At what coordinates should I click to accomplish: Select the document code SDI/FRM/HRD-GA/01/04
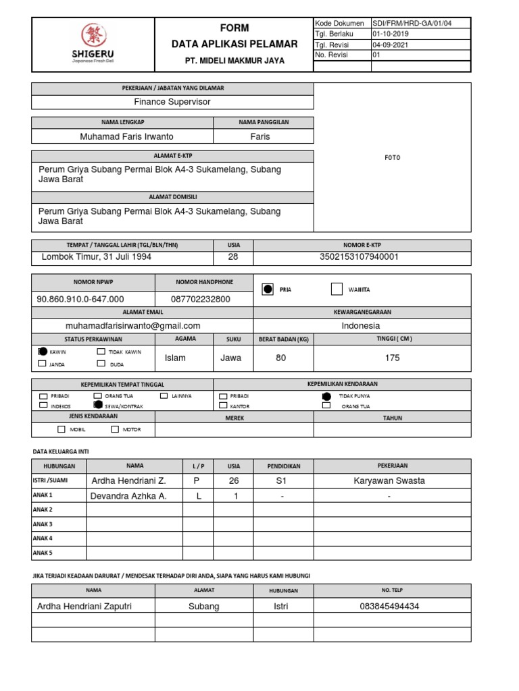click(412, 23)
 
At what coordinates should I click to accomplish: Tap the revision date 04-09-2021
click(391, 45)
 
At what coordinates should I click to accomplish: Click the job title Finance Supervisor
click(172, 102)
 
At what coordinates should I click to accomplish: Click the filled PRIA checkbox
click(268, 289)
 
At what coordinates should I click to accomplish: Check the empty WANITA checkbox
click(337, 289)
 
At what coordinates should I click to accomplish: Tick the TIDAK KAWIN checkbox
click(101, 352)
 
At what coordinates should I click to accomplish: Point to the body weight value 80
click(281, 358)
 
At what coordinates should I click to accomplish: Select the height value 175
click(392, 358)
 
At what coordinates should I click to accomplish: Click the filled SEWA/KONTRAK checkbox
click(97, 406)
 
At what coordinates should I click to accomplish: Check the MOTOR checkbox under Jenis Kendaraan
click(115, 429)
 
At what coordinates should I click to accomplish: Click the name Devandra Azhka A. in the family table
click(128, 496)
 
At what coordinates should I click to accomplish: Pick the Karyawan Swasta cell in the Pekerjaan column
click(389, 481)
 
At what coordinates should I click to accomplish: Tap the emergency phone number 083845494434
click(389, 606)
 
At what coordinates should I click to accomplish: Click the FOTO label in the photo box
click(392, 157)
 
